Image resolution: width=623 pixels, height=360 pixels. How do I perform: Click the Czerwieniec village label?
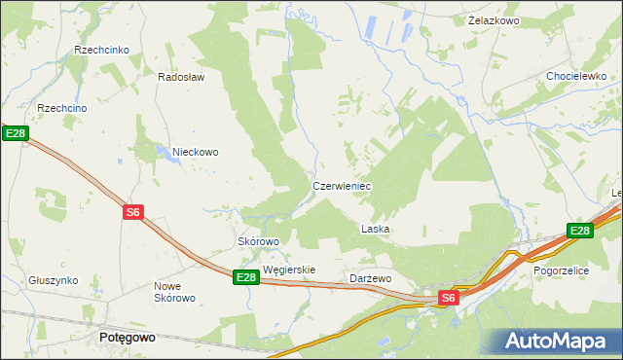(342, 185)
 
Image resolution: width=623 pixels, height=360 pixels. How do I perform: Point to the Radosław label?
(181, 78)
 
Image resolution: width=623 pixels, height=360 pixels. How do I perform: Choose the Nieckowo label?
(196, 152)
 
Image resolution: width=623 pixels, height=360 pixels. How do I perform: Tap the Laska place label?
(376, 230)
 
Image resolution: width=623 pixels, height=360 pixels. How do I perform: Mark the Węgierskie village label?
(289, 270)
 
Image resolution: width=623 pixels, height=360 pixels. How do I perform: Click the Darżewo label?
(370, 278)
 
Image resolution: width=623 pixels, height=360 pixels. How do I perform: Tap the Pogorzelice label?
(561, 271)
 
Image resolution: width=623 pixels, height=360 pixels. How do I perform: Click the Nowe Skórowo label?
(175, 292)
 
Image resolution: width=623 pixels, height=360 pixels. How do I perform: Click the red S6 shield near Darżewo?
(448, 298)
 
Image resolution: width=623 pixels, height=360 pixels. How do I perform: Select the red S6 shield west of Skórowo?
(134, 212)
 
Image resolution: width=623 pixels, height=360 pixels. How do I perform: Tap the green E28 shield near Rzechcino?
(14, 133)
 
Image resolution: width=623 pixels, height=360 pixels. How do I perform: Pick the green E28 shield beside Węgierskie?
(246, 277)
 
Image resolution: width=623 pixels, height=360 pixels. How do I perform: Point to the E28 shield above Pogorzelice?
(580, 231)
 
